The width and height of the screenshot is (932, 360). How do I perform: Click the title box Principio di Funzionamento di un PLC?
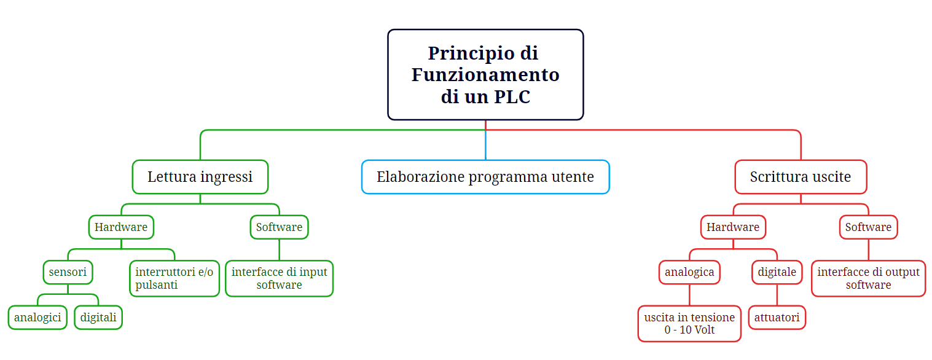tap(485, 74)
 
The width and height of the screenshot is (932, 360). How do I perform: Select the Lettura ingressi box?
tap(200, 177)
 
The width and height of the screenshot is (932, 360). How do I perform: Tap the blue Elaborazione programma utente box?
tap(485, 177)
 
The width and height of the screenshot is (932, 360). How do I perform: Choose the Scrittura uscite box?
tap(801, 177)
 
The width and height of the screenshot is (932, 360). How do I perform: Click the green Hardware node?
tap(121, 227)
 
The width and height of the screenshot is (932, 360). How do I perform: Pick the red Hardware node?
tap(733, 227)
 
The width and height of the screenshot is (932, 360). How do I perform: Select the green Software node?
tap(279, 227)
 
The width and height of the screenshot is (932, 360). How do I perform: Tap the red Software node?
tap(868, 227)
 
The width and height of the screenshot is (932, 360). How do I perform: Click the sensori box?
tap(68, 272)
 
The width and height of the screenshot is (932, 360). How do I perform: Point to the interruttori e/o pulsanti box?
tap(174, 278)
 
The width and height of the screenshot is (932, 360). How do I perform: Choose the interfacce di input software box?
tap(279, 278)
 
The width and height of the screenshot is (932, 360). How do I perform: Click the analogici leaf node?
tap(37, 318)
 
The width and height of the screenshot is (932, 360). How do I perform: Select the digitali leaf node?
tap(98, 318)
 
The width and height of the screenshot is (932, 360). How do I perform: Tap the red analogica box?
tap(689, 272)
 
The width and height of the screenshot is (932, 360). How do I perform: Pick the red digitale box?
tap(777, 272)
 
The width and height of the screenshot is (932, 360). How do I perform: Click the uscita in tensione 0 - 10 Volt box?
tap(689, 324)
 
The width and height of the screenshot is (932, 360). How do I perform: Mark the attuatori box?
tap(777, 318)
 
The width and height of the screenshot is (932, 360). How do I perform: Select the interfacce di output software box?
tap(868, 278)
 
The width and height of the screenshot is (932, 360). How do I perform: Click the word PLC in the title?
tap(512, 96)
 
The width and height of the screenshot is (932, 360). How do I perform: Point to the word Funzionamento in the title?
tap(485, 75)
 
